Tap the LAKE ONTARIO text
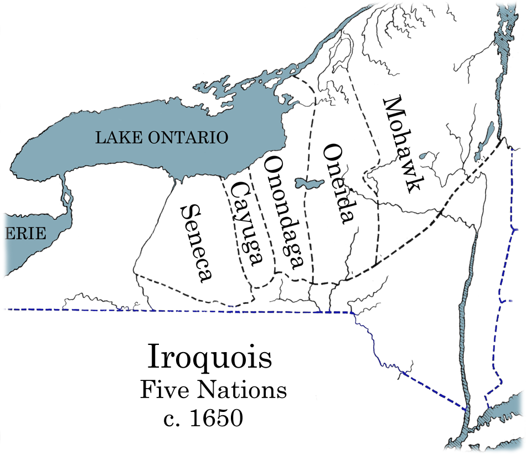tap(162, 137)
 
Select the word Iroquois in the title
tap(210, 357)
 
